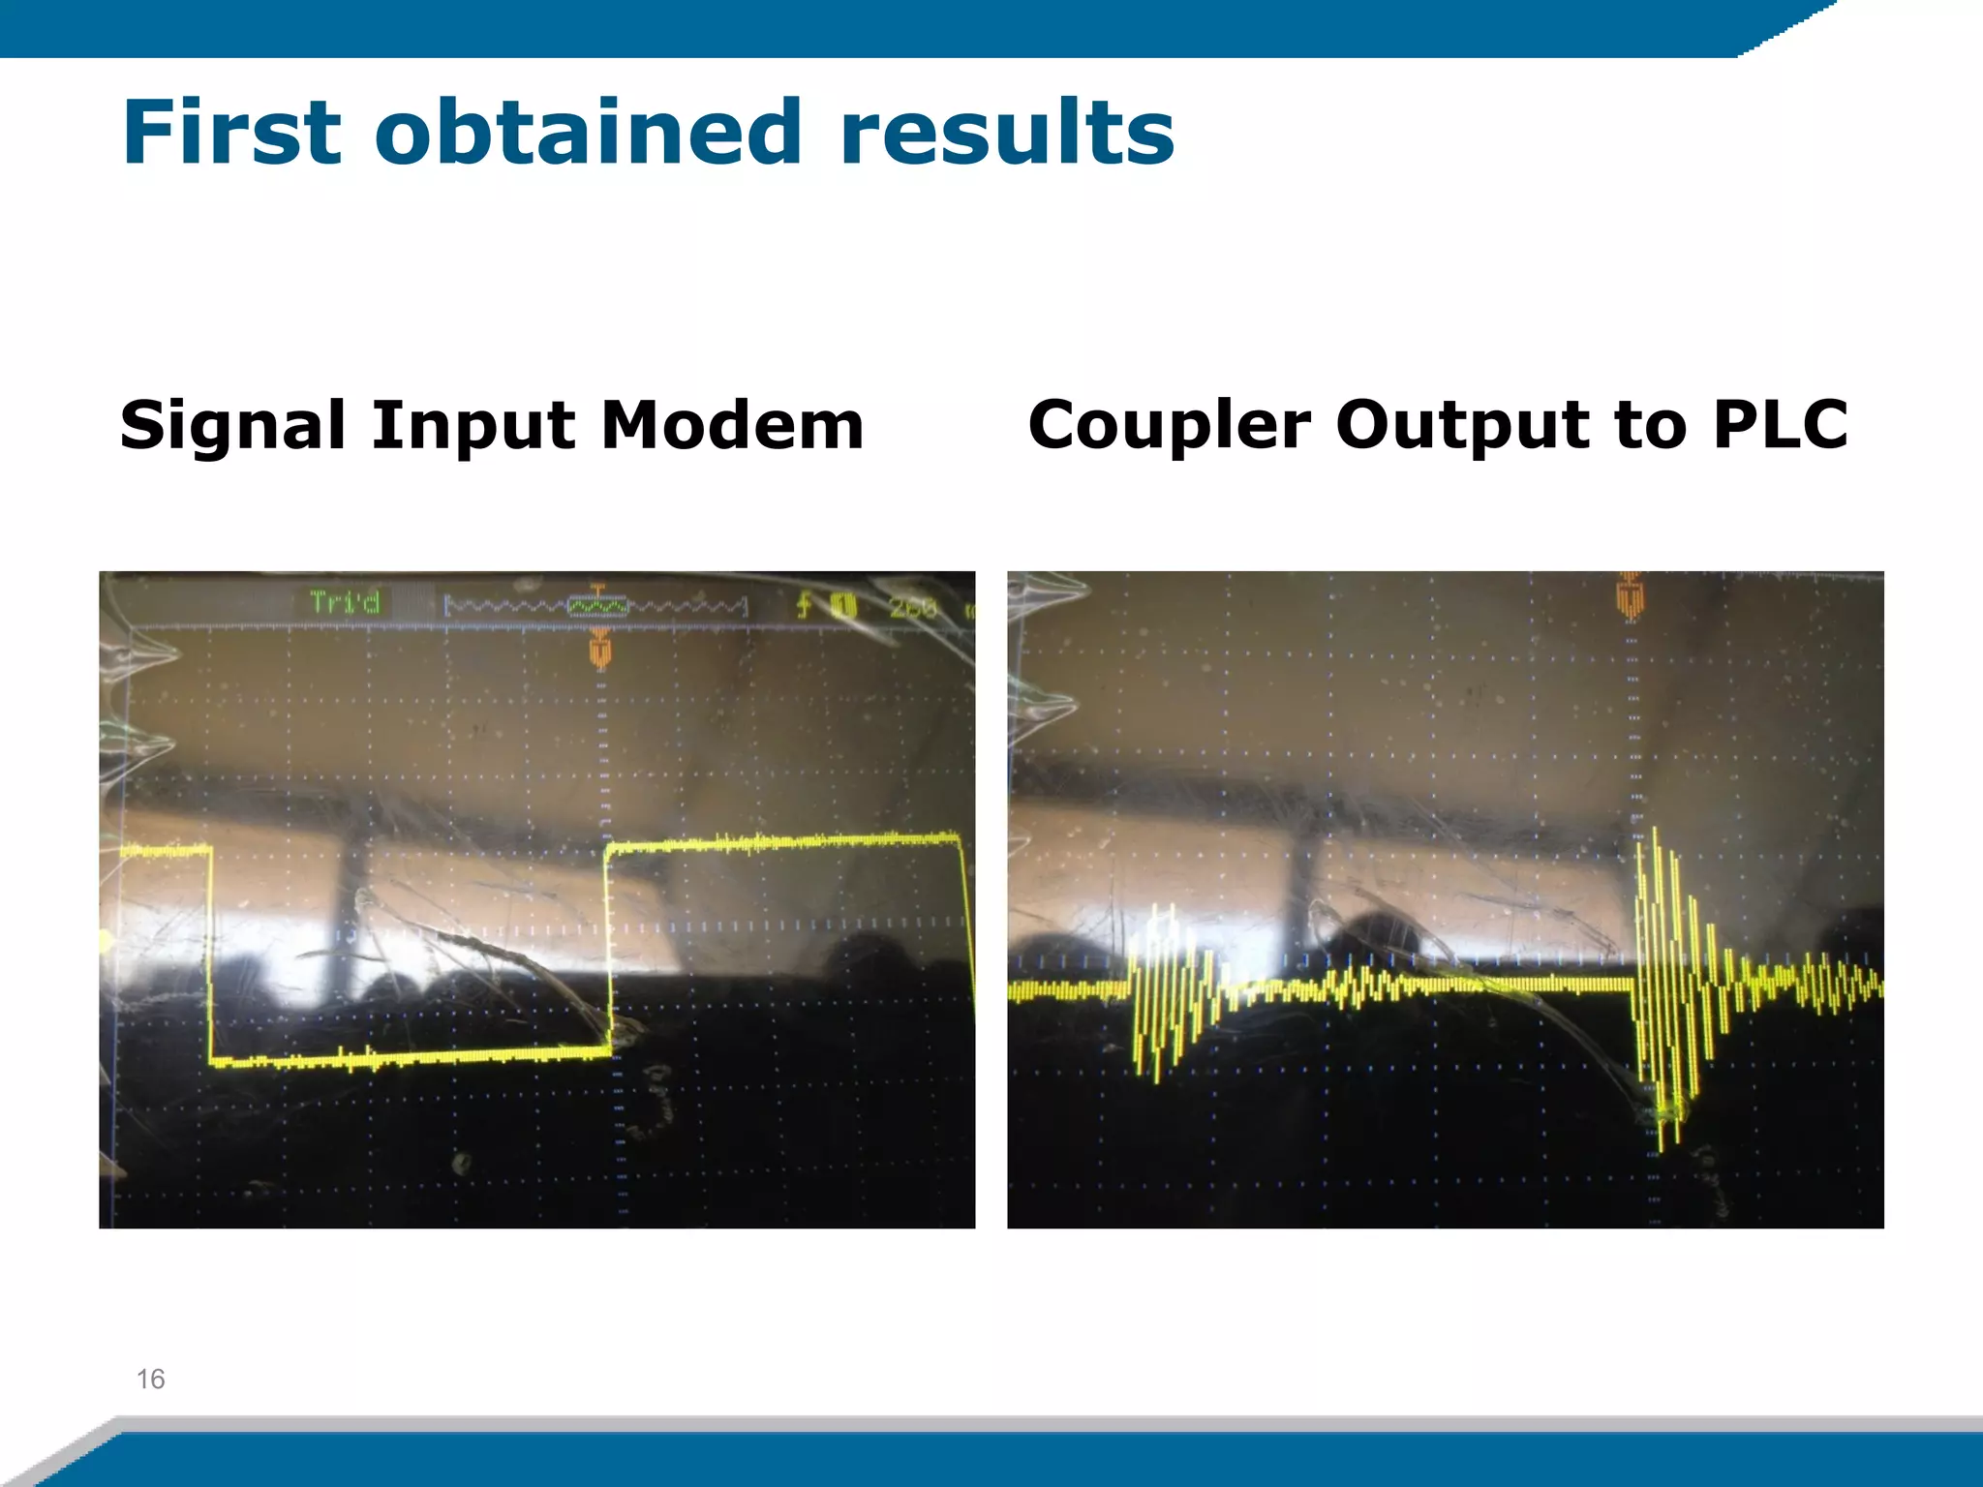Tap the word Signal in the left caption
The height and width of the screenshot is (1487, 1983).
coord(232,426)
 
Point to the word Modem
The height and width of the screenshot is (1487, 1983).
coord(732,426)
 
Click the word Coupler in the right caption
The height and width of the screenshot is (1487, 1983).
coord(1170,426)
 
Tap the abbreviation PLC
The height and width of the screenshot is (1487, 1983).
coord(1780,426)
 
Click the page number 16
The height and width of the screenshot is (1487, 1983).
coord(151,1379)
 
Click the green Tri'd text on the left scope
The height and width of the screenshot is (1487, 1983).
coord(345,603)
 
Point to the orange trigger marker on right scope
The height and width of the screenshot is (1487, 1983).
coord(1631,593)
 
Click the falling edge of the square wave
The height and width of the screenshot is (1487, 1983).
coord(210,954)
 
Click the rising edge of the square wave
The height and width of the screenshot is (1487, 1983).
coord(608,944)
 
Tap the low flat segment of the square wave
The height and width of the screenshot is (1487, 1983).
coord(407,1057)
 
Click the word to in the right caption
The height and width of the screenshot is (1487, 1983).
coord(1648,426)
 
